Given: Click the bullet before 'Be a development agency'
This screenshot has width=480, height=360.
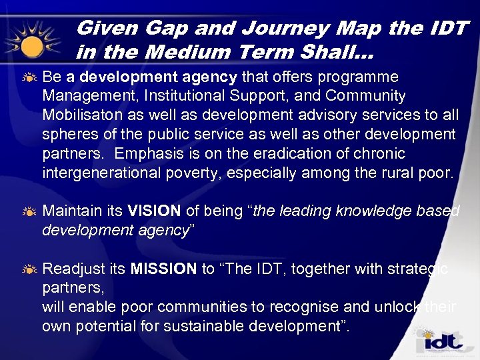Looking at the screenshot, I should point(29,77).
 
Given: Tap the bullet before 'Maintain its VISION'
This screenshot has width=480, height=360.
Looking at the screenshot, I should point(29,212).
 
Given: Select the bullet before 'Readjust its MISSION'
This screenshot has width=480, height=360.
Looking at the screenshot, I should point(29,269).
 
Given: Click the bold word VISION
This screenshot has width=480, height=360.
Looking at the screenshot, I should point(154,211).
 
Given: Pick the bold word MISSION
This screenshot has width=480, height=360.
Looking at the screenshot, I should point(163,269).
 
